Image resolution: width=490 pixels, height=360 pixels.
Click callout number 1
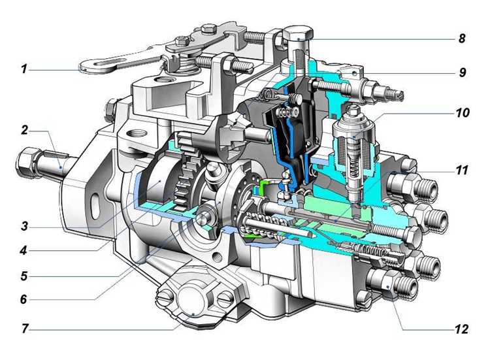click(x=24, y=69)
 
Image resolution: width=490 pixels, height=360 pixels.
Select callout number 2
click(x=24, y=130)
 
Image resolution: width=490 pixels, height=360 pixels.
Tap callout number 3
click(x=24, y=225)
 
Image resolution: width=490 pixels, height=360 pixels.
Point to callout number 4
click(x=24, y=251)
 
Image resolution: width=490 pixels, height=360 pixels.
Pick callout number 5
click(x=24, y=276)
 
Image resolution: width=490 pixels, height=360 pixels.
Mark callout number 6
click(x=24, y=299)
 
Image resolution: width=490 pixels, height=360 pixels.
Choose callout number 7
click(x=25, y=329)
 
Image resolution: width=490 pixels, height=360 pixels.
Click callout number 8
click(x=462, y=39)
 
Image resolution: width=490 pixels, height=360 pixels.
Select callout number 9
click(x=463, y=73)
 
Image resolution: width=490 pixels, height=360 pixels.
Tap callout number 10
click(x=463, y=112)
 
